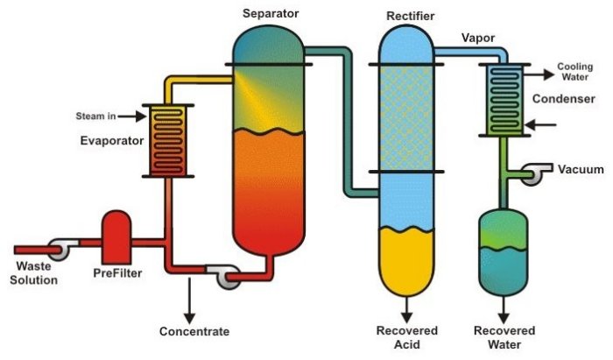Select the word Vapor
(x=476, y=38)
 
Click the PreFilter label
(x=117, y=273)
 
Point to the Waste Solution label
(x=35, y=273)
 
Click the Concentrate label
(x=194, y=332)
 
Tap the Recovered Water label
(x=504, y=337)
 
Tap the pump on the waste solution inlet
(x=60, y=249)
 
